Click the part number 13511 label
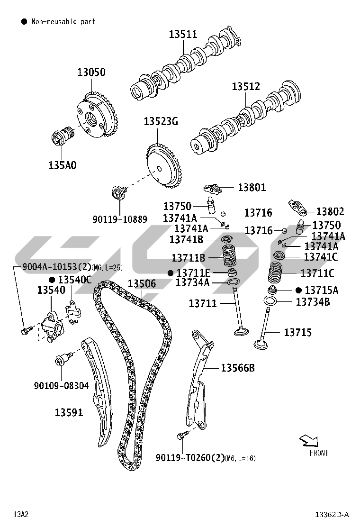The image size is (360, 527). pyautogui.click(x=183, y=34)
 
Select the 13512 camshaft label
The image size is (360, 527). pyautogui.click(x=246, y=87)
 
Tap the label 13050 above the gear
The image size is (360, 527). pyautogui.click(x=91, y=73)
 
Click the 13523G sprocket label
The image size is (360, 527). pyautogui.click(x=161, y=122)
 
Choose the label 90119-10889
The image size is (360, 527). pyautogui.click(x=120, y=219)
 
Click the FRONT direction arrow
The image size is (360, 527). pyautogui.click(x=308, y=441)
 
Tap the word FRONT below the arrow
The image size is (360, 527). pyautogui.click(x=319, y=453)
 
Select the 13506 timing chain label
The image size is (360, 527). pyautogui.click(x=142, y=284)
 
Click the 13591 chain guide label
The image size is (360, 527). pyautogui.click(x=69, y=413)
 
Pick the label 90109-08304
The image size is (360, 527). pyautogui.click(x=61, y=386)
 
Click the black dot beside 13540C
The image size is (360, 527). pyautogui.click(x=52, y=280)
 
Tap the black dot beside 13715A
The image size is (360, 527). pyautogui.click(x=298, y=290)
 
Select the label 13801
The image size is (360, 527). pyautogui.click(x=252, y=188)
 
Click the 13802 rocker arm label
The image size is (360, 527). pyautogui.click(x=330, y=212)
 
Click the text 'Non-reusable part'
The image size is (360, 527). pyautogui.click(x=63, y=21)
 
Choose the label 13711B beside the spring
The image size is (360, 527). pyautogui.click(x=188, y=258)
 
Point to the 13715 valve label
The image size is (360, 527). pyautogui.click(x=298, y=333)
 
